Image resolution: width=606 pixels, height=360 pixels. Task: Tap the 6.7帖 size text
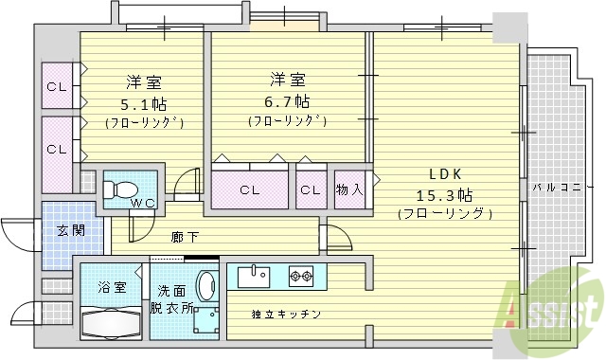[288, 100]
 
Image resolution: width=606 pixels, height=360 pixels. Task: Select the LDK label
[444, 174]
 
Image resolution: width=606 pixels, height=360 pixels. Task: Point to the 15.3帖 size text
[444, 195]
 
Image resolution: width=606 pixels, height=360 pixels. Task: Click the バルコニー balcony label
[556, 188]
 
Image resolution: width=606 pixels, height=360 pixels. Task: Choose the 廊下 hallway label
[185, 237]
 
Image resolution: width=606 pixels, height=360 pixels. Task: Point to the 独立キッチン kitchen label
[286, 315]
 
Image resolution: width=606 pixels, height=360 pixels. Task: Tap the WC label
[143, 203]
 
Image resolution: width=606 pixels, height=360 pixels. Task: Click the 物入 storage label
[350, 189]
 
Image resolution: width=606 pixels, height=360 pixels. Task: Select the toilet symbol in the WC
[120, 186]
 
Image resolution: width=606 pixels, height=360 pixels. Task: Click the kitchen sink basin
[253, 277]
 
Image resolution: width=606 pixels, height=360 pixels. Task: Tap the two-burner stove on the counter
[301, 277]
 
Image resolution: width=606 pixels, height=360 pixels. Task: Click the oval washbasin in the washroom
[205, 288]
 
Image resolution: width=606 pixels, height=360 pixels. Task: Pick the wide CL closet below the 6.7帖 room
[250, 189]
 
